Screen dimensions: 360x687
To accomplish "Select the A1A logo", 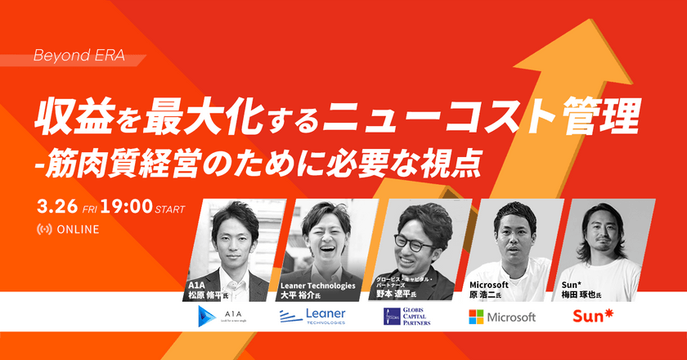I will point(221,316).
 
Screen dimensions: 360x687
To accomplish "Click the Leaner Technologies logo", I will point(312,316).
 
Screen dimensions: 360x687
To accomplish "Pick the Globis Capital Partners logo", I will point(406,316).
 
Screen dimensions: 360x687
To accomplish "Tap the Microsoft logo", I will point(502,316).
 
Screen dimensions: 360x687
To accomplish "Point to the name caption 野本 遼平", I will point(397,295).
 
